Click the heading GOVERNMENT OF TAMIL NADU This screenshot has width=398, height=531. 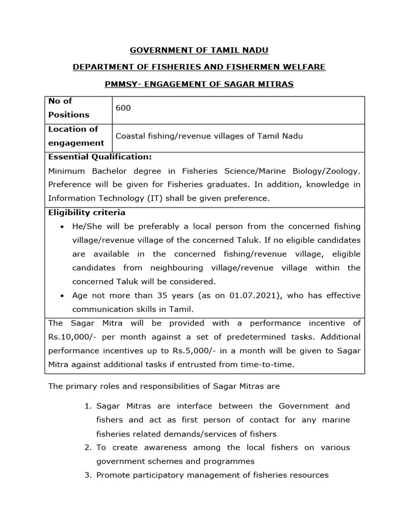(x=199, y=50)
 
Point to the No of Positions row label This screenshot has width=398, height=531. (x=68, y=108)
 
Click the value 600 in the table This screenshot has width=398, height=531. (x=123, y=108)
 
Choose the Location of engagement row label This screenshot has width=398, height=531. (x=76, y=136)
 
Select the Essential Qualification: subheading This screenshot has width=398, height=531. (x=100, y=157)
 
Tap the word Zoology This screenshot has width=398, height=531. (x=339, y=171)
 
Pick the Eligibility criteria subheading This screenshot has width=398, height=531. (x=87, y=213)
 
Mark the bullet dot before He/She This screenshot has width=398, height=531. (x=62, y=227)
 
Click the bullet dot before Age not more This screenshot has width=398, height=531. (x=62, y=296)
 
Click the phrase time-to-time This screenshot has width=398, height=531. (x=271, y=364)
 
